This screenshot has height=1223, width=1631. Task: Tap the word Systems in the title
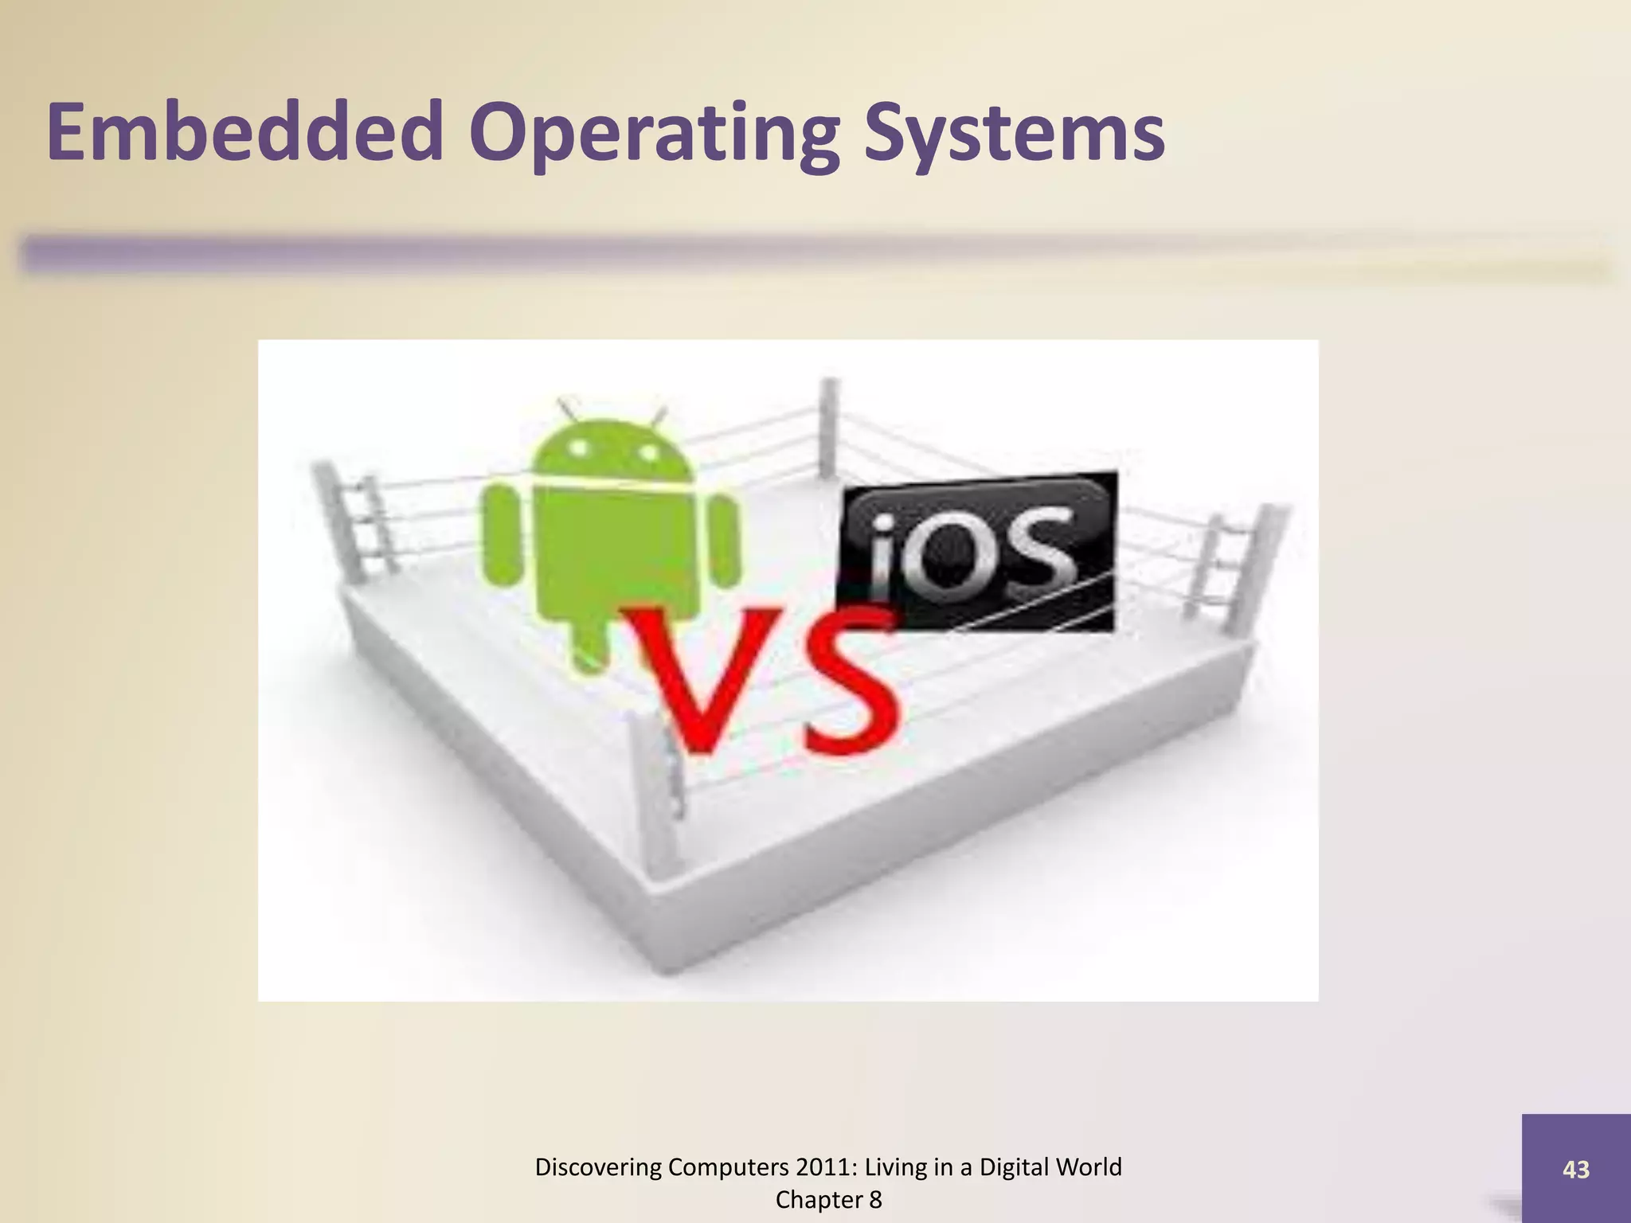(x=1015, y=134)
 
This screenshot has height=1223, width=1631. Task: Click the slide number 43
(x=1575, y=1170)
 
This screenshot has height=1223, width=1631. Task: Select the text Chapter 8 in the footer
(x=828, y=1200)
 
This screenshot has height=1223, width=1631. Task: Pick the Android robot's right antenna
(x=658, y=415)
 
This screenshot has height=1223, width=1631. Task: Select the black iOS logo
(x=976, y=551)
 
